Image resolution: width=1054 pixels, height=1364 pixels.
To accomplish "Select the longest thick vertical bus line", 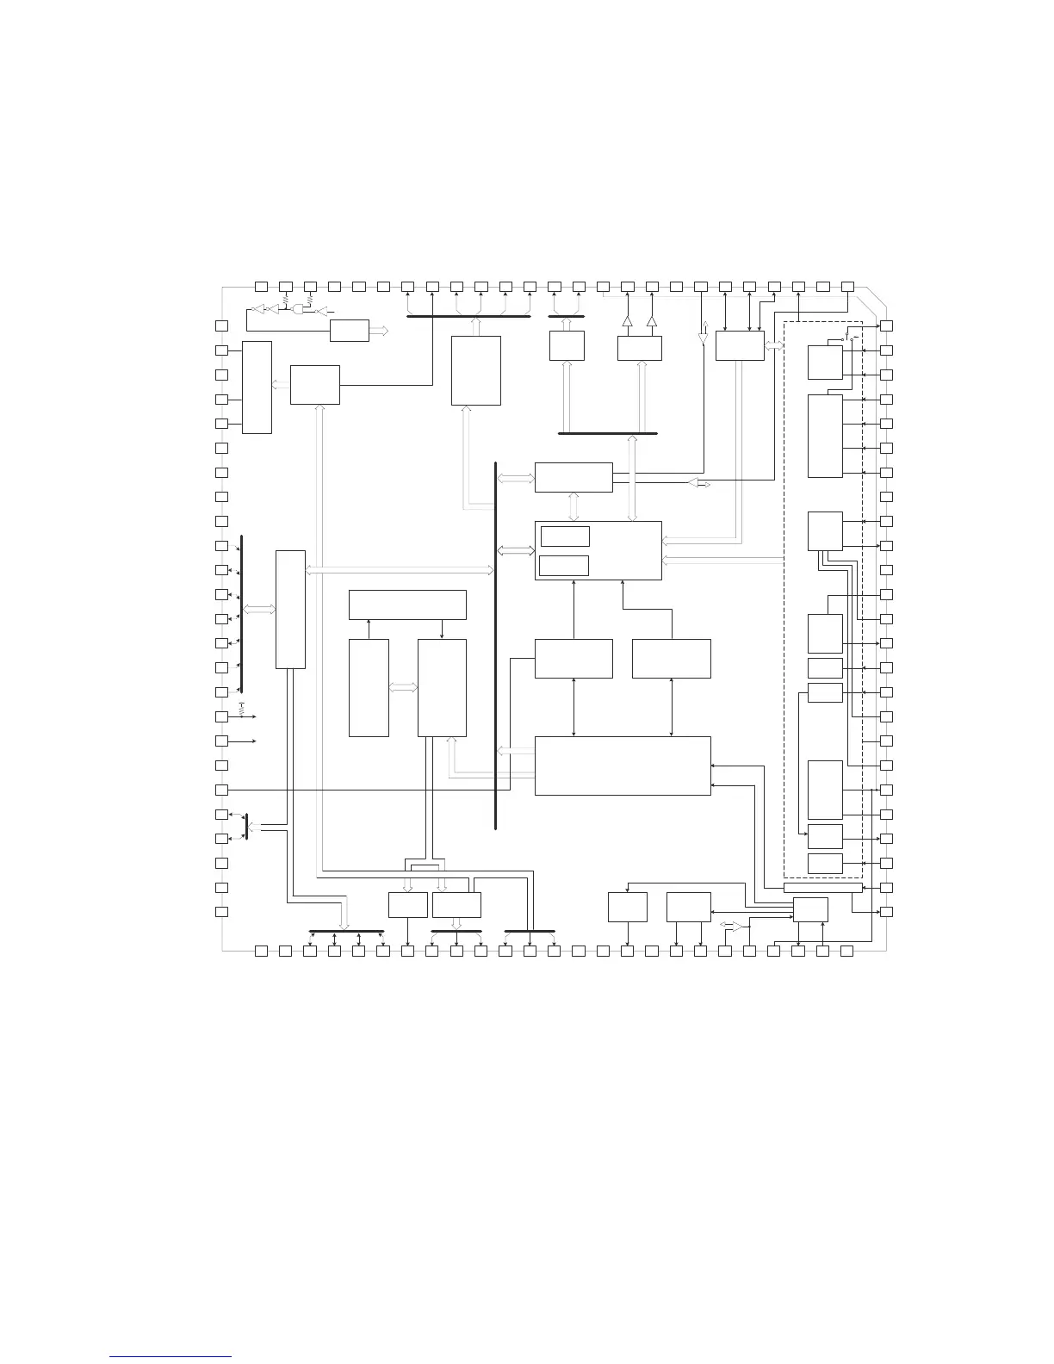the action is click(x=497, y=646).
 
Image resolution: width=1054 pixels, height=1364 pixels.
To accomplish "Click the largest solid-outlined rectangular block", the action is click(x=623, y=766).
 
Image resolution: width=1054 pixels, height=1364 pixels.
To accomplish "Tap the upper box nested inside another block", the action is click(x=564, y=536).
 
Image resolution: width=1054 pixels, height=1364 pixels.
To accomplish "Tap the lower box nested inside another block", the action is click(x=564, y=566).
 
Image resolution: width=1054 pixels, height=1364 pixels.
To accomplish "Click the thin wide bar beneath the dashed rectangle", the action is click(x=822, y=888).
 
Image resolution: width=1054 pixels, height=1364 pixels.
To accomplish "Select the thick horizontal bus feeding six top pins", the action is click(x=468, y=316).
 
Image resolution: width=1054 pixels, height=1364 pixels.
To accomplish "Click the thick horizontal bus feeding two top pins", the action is click(x=567, y=316).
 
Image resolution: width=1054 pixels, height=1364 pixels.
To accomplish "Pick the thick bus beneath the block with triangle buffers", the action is click(x=607, y=433).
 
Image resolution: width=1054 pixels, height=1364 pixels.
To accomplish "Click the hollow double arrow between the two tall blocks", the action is click(x=403, y=687).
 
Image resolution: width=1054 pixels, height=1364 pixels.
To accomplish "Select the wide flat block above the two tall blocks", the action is click(x=407, y=604).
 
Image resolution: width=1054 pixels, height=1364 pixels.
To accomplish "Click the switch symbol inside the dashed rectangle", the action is click(x=847, y=339).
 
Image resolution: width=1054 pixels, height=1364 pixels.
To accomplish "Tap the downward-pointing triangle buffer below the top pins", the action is click(x=702, y=338).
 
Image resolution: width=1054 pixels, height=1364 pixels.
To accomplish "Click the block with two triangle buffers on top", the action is click(x=640, y=348).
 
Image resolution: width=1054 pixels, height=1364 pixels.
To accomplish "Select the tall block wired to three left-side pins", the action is click(x=257, y=387).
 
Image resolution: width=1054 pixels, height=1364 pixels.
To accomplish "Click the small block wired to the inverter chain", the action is click(x=350, y=331).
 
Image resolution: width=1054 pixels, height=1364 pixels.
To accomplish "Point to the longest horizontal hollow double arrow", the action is click(x=400, y=569).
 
